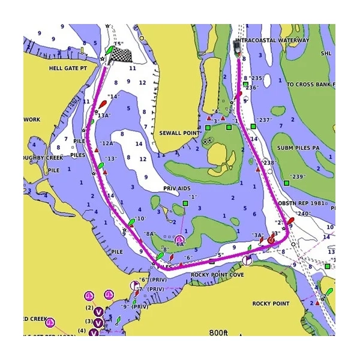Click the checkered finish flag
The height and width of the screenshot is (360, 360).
tap(123, 55)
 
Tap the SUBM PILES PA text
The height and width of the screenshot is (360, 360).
tap(298, 147)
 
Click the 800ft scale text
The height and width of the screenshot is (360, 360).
tap(219, 332)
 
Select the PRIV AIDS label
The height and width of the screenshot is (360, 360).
tap(177, 188)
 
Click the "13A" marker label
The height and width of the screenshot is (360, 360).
tap(104, 115)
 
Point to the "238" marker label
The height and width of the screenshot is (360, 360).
tap(269, 163)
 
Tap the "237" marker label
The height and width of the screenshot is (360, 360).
tap(264, 120)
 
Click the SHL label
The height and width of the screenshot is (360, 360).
tap(326, 53)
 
